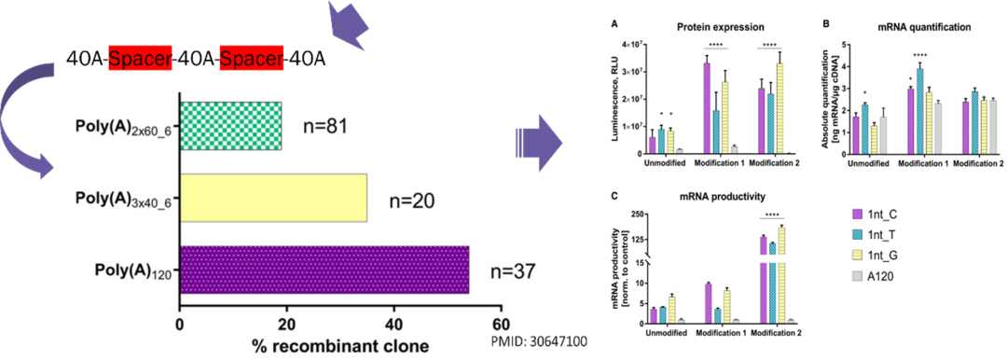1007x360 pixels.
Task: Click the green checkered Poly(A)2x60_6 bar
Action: [230, 126]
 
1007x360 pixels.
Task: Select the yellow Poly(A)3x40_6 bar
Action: [273, 198]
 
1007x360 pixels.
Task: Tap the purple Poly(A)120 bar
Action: [324, 270]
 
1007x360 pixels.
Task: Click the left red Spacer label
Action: [141, 60]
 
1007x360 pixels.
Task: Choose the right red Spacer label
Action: [252, 60]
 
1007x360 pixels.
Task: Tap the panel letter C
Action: [612, 196]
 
